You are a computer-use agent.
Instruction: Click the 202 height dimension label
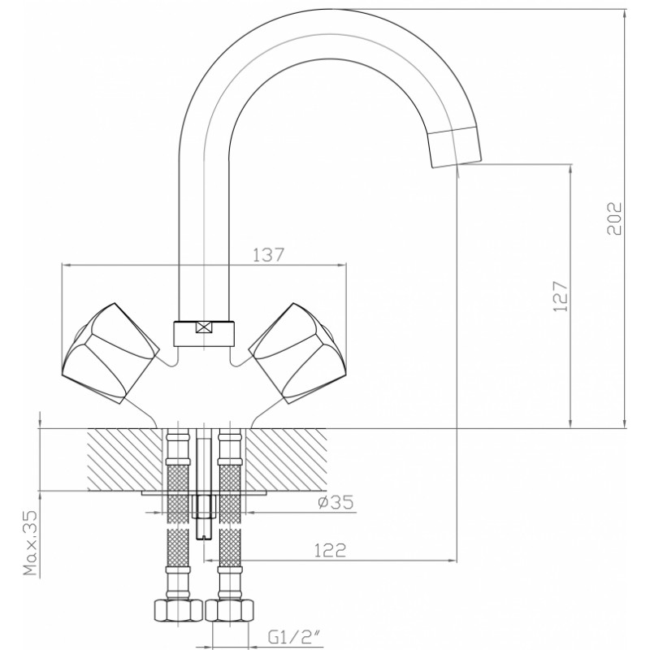[x=615, y=219]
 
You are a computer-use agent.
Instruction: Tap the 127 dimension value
[x=560, y=297]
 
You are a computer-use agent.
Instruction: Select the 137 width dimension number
[x=269, y=255]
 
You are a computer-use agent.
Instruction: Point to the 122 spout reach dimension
[x=330, y=551]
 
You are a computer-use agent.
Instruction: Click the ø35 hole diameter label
[x=336, y=502]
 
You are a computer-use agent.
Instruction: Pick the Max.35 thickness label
[x=30, y=544]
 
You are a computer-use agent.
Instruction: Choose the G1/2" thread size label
[x=295, y=637]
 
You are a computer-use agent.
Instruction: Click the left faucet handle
[x=111, y=353]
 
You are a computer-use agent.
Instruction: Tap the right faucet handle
[x=297, y=353]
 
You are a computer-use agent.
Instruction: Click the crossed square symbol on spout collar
[x=204, y=327]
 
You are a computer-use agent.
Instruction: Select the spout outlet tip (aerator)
[x=455, y=148]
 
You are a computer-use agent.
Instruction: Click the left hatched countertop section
[x=125, y=459]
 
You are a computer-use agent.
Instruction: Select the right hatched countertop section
[x=287, y=459]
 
